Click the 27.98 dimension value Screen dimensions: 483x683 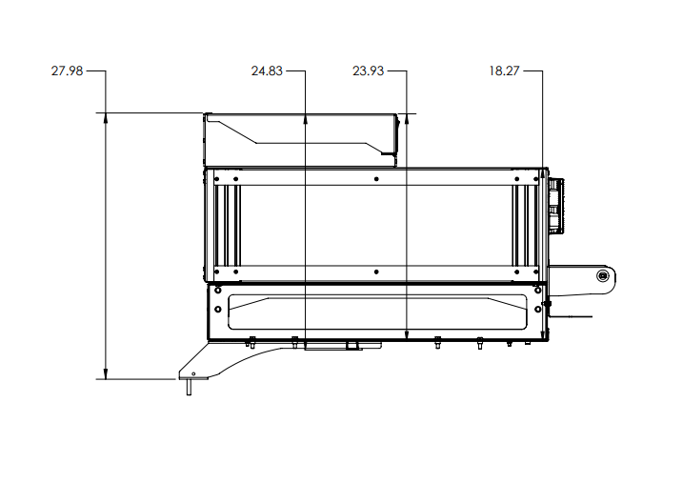(67, 70)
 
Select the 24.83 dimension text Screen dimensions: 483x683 (267, 70)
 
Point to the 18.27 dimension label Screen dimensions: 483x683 (505, 70)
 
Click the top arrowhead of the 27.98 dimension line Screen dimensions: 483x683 (106, 118)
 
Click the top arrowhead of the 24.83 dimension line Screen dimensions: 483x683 (305, 118)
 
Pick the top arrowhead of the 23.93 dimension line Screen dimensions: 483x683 (407, 118)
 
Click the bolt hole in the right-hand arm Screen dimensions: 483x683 (602, 275)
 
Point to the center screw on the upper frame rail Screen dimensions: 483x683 (377, 179)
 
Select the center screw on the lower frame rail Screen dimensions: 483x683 (377, 272)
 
